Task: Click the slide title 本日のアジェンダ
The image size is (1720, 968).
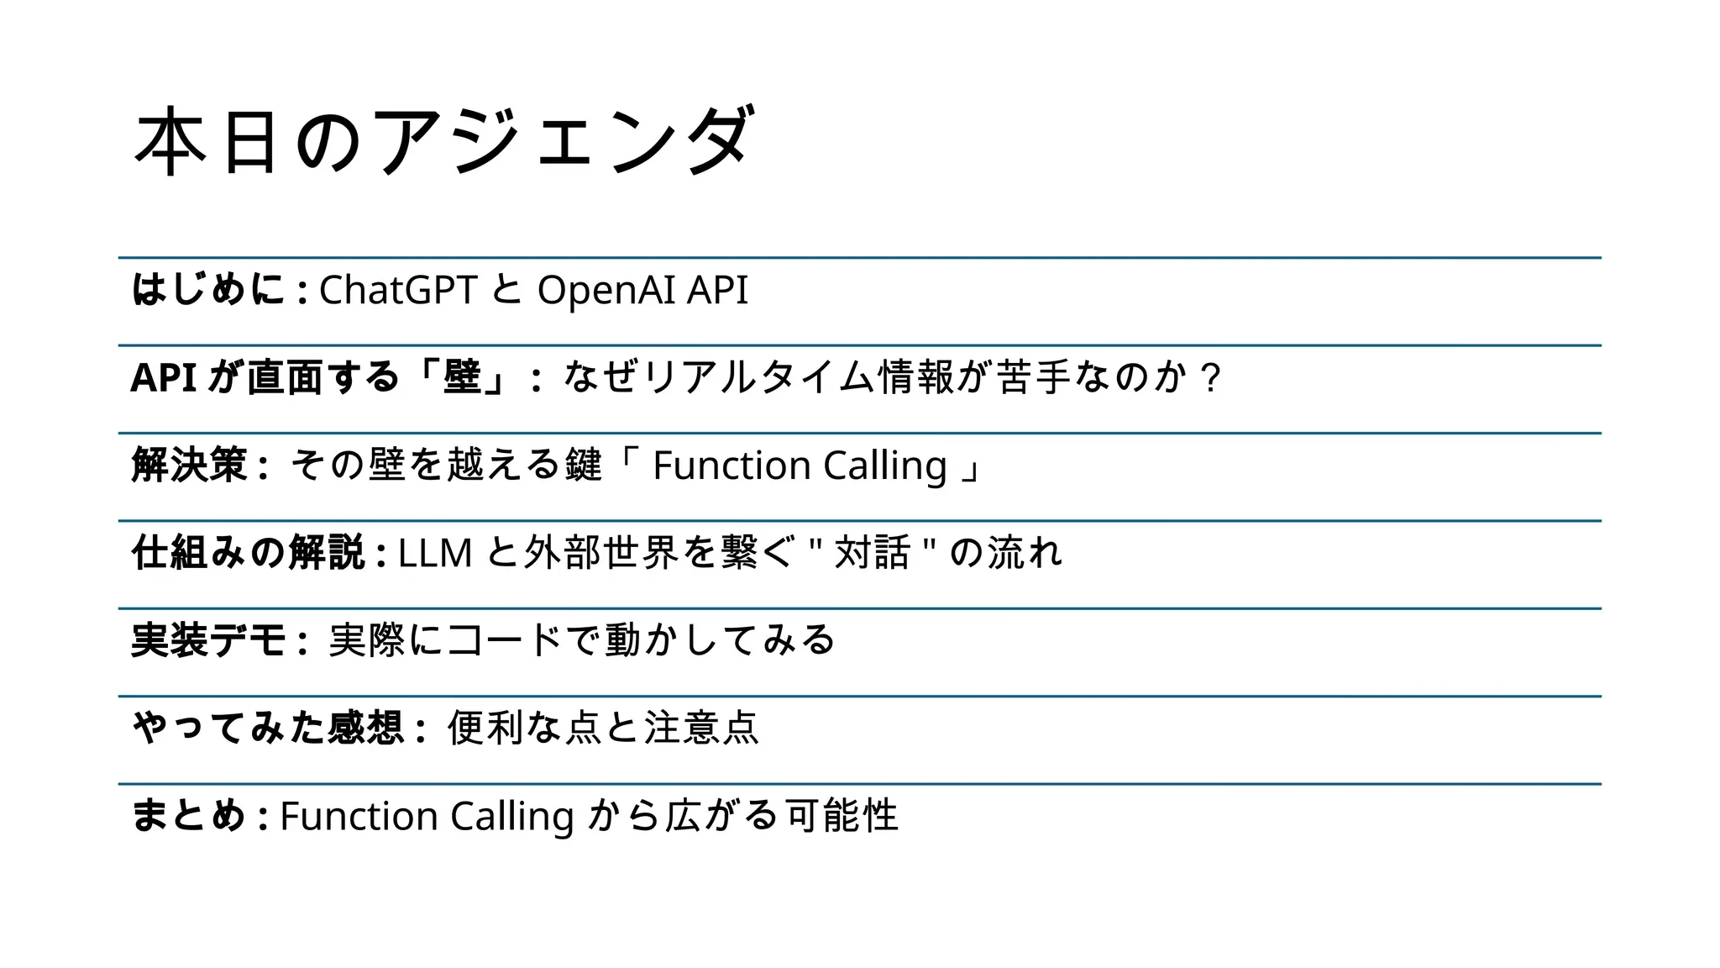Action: [443, 140]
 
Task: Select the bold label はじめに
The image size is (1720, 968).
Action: [208, 290]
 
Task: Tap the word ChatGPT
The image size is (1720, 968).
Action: [398, 291]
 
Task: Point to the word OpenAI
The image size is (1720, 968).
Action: [606, 291]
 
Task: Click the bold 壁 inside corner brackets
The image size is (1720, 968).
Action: [462, 377]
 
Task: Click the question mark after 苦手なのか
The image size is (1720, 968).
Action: [1210, 378]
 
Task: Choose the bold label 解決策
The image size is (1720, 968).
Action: [190, 465]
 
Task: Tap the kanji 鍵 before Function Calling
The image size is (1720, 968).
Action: [584, 465]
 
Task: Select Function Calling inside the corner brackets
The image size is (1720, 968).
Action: [800, 466]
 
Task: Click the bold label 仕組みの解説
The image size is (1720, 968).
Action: [249, 553]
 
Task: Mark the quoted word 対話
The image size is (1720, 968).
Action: [873, 553]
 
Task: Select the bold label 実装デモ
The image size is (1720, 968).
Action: [209, 640]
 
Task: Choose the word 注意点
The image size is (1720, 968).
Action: [701, 728]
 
